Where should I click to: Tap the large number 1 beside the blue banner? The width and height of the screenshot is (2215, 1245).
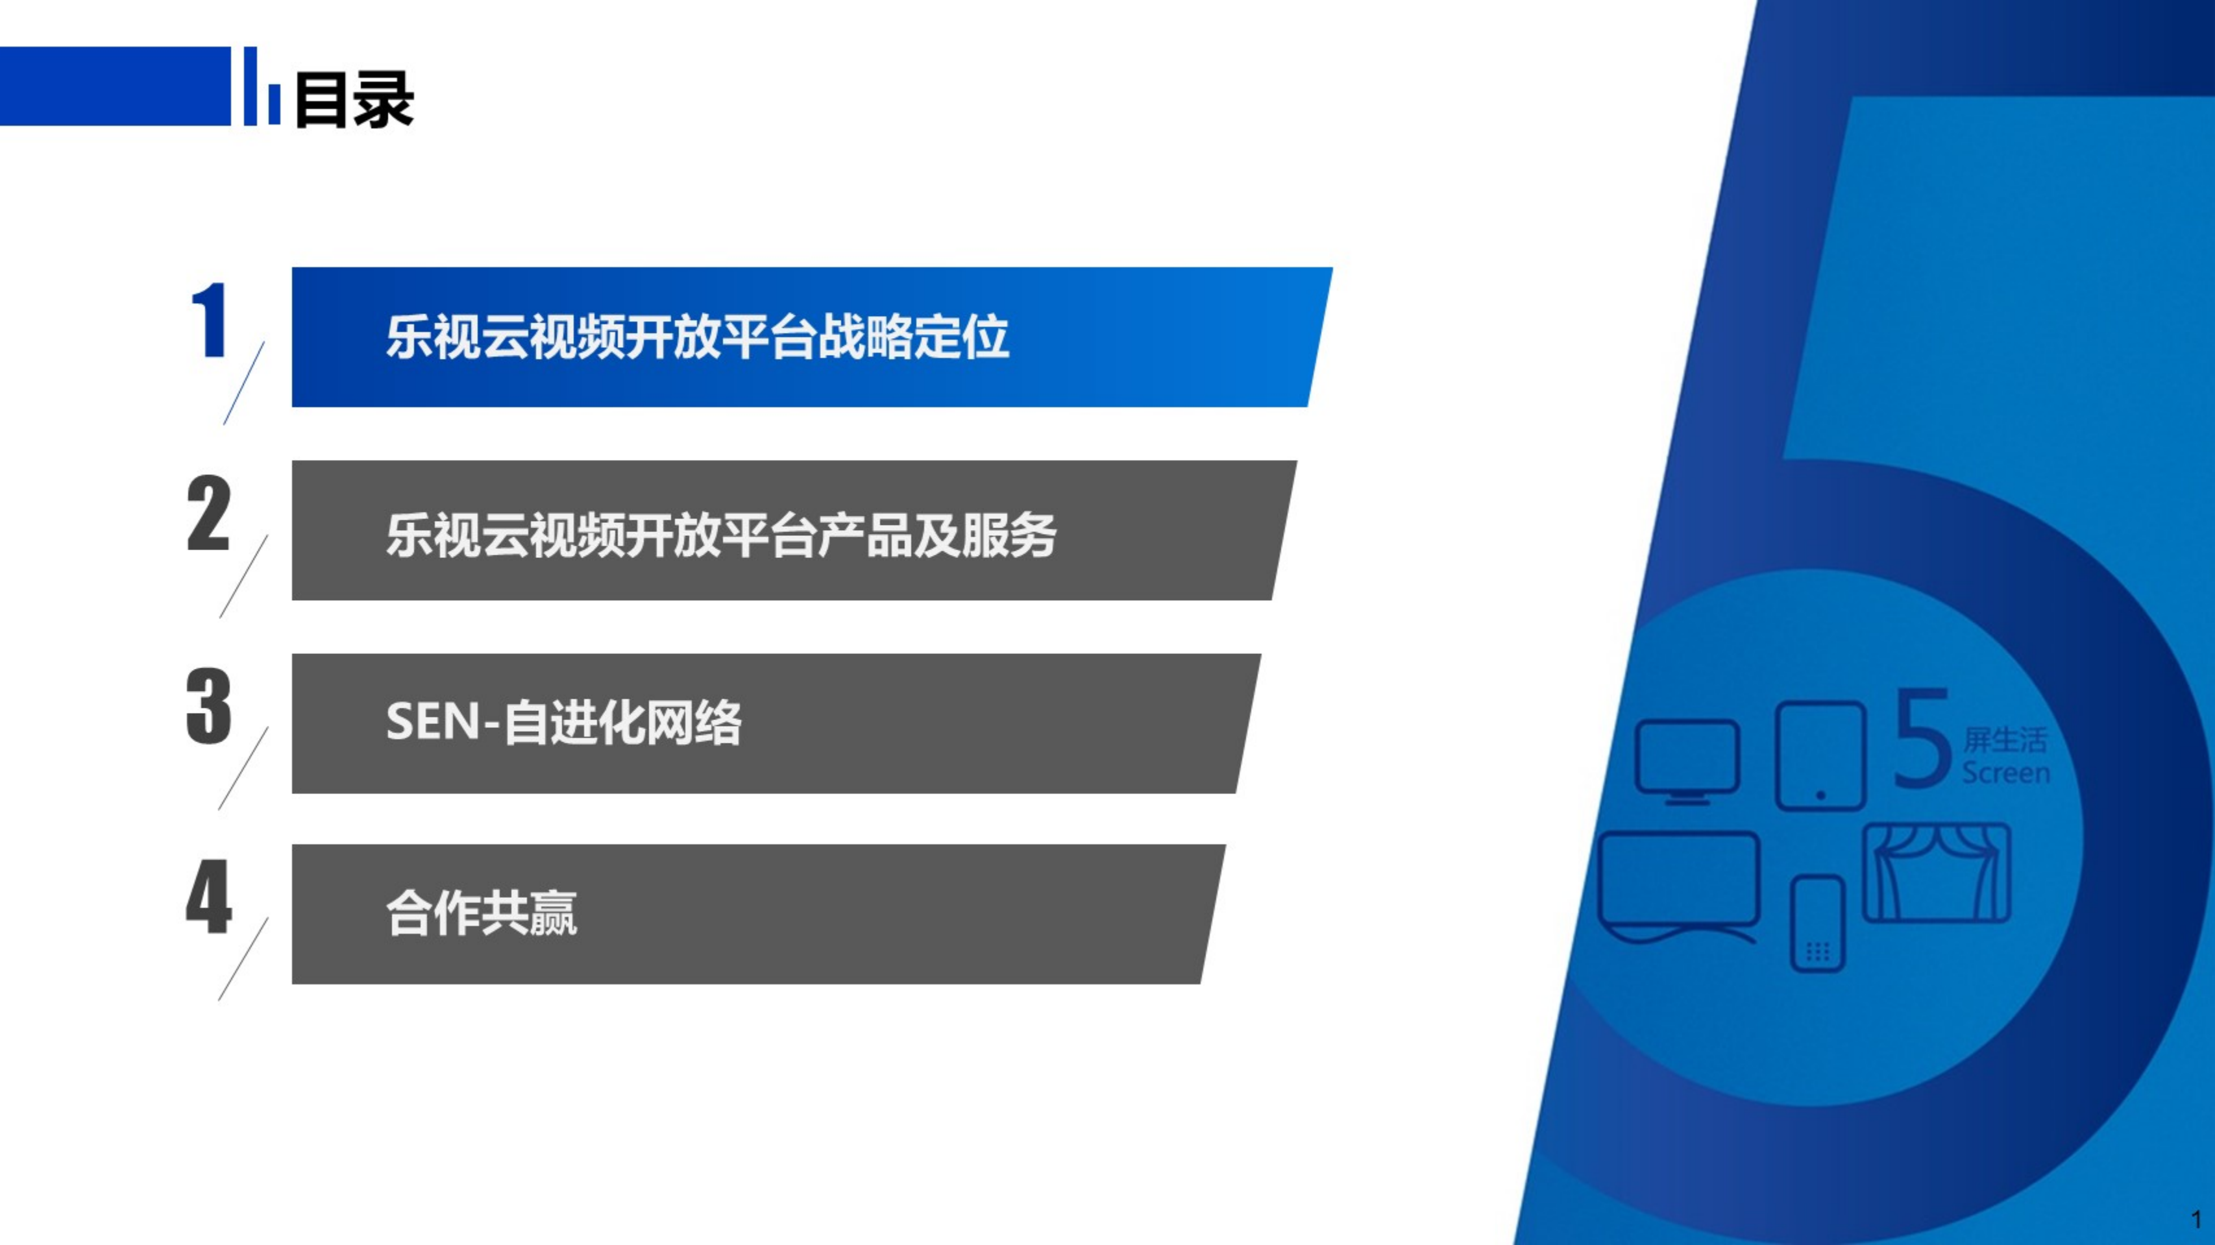coord(209,320)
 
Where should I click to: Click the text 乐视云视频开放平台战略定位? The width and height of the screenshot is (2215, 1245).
coord(696,337)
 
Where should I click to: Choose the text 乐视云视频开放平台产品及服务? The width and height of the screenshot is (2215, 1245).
coord(720,535)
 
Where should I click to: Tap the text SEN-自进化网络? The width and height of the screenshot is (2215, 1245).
coord(563,722)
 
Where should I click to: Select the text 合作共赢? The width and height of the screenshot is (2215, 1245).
coord(482,913)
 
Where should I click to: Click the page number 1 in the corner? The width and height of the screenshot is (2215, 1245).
coord(2196,1219)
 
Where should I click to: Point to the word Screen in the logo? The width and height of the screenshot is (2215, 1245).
coord(2005,773)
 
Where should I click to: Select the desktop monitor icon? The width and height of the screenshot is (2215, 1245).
coord(1687,761)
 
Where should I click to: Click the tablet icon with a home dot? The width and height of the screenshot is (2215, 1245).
coord(1820,756)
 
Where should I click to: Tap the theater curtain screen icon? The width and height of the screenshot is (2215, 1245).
coord(1937,873)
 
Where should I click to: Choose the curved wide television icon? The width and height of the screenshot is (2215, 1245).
coord(1678,886)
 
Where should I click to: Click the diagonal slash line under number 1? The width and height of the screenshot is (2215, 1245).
coord(244,383)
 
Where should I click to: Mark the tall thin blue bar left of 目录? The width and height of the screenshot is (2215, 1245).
coord(251,86)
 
